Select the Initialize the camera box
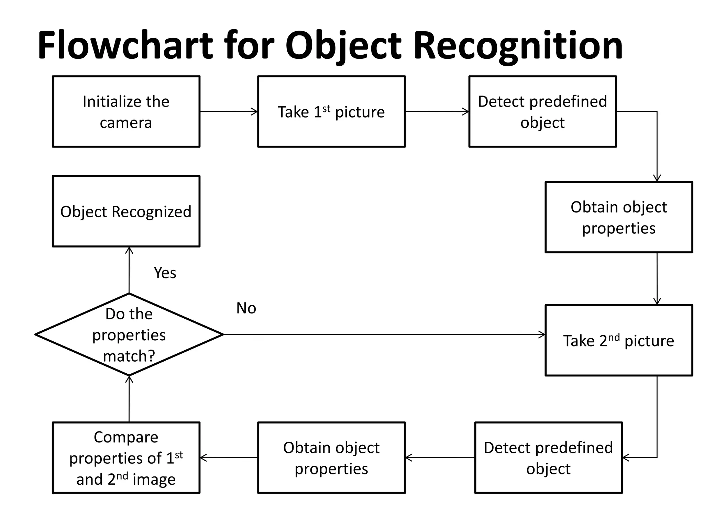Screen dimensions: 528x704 click(x=126, y=112)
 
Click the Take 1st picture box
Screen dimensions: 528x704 click(x=331, y=112)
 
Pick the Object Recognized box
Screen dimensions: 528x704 click(x=126, y=211)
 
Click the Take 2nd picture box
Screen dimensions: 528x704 click(x=618, y=340)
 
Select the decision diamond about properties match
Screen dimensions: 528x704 click(x=129, y=334)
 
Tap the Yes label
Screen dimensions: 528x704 click(x=165, y=273)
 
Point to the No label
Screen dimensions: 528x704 click(x=246, y=308)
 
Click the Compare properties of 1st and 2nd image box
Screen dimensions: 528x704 click(x=126, y=458)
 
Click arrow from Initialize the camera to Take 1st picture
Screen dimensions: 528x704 click(x=229, y=111)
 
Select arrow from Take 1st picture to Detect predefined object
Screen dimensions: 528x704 click(x=437, y=111)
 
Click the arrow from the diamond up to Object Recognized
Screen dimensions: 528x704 click(x=129, y=270)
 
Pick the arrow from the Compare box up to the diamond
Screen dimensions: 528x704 click(x=129, y=399)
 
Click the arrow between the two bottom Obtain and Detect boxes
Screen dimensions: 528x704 click(x=440, y=458)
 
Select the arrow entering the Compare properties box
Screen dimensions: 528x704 click(x=229, y=458)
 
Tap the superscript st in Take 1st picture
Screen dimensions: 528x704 click(x=326, y=109)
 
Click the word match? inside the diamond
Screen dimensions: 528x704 click(x=129, y=356)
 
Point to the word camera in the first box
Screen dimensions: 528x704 click(x=126, y=123)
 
